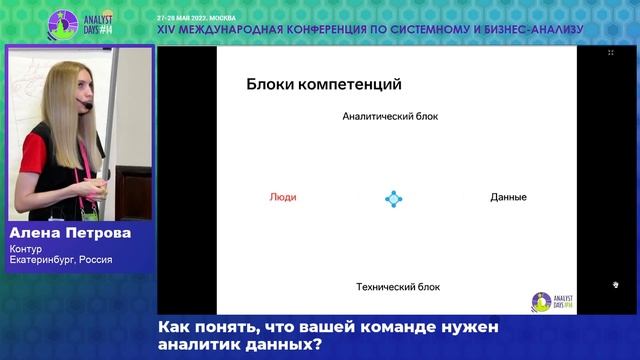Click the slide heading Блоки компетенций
point(316,85)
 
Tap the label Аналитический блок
point(390,117)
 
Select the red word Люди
point(283,197)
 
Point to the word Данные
point(508,197)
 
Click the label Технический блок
point(397,287)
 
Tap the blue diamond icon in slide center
point(394,198)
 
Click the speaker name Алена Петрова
point(70,232)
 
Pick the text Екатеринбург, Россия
point(60,260)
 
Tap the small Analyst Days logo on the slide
point(545,301)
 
